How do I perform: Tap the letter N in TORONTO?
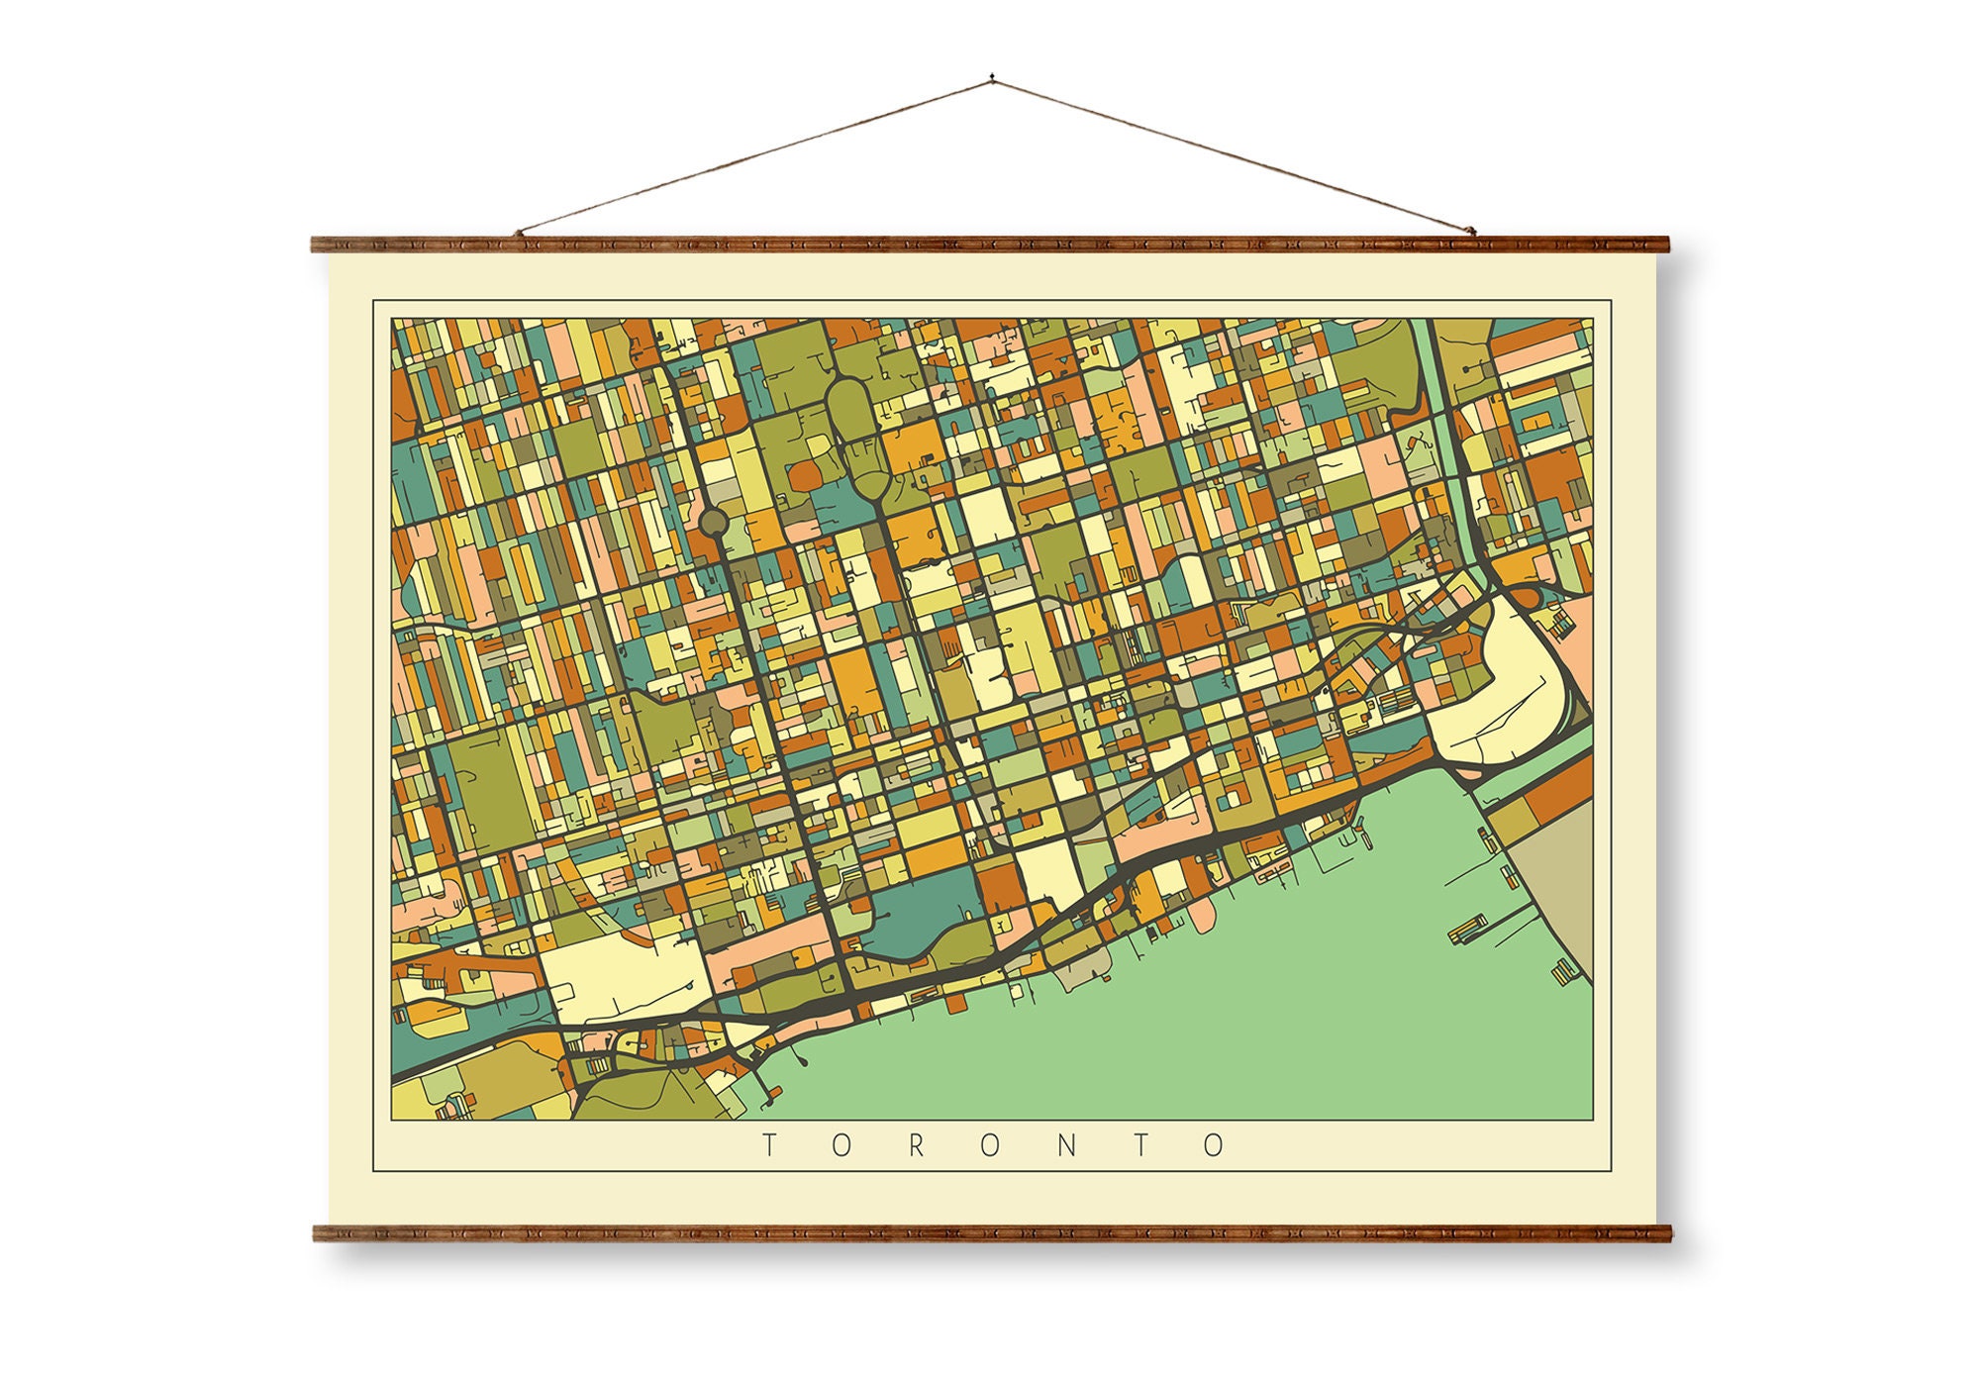click(1067, 1146)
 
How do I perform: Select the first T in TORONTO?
click(768, 1146)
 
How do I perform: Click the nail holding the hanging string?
click(991, 76)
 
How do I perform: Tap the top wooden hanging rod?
click(990, 245)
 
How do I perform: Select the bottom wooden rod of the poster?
click(990, 1232)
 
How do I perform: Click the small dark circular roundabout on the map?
click(713, 520)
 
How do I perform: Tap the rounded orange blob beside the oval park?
click(805, 477)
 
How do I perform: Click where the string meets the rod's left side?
click(519, 235)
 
